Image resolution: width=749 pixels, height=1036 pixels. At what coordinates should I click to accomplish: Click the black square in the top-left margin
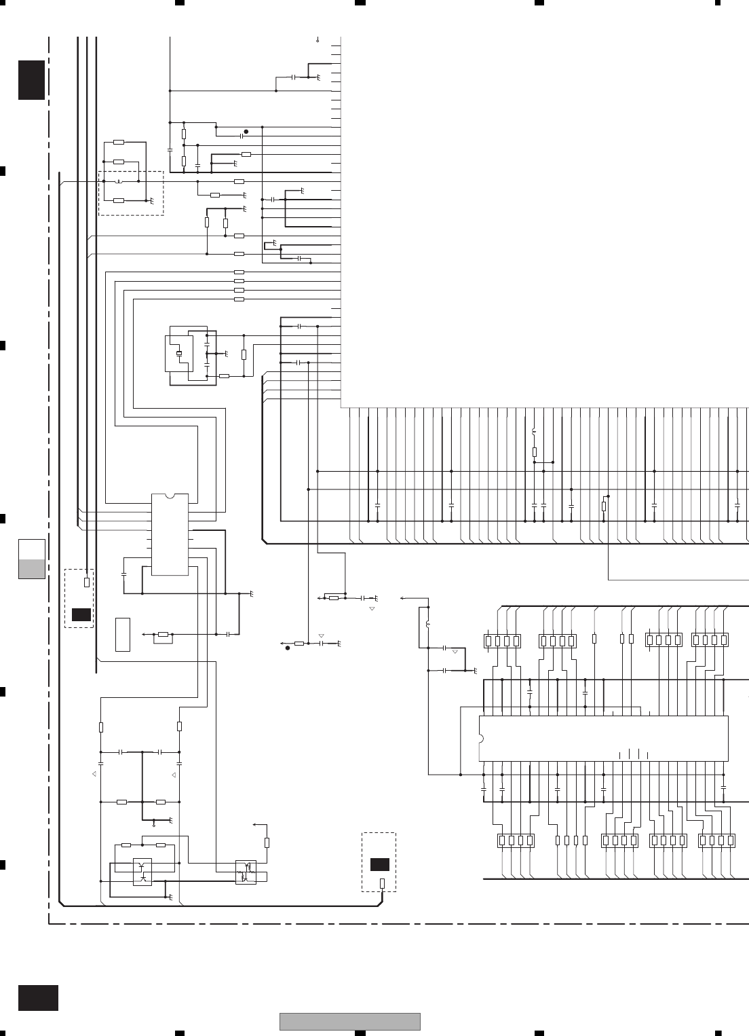pos(31,80)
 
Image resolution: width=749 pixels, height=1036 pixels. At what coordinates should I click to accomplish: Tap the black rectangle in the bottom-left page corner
pos(38,997)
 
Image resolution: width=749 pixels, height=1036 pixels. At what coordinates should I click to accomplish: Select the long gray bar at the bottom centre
pos(350,1021)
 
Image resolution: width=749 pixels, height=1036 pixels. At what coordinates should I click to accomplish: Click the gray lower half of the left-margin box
pos(32,569)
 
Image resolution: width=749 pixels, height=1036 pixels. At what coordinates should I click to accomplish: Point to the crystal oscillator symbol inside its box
pos(178,353)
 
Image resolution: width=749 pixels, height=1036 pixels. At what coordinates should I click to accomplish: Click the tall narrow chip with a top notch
pos(170,534)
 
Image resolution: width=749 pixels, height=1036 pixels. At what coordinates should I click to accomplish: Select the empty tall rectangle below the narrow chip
pos(122,635)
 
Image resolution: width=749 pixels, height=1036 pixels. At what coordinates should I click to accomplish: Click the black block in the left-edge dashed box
pos(81,615)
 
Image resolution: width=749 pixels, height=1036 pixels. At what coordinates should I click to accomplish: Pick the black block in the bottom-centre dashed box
pos(380,864)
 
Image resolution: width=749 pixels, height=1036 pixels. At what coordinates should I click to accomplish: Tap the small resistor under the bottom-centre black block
pos(382,883)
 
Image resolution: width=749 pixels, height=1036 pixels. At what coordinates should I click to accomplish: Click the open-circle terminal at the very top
pos(318,41)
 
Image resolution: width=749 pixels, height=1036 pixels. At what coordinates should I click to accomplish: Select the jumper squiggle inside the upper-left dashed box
pos(119,181)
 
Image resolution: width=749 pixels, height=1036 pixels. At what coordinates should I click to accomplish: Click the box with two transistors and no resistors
pos(142,871)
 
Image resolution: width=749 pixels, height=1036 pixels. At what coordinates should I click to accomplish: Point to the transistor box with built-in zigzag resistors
pos(246,872)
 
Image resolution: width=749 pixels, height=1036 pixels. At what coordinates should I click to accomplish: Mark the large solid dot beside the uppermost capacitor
pos(246,132)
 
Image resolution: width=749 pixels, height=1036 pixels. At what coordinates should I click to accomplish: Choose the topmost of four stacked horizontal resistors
pos(239,272)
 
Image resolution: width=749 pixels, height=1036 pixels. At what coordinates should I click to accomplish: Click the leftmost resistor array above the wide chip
pos(502,640)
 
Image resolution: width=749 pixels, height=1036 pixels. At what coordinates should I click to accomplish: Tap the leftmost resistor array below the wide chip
pos(516,840)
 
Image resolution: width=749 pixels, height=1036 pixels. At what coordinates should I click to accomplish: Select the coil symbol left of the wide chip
pos(427,623)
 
